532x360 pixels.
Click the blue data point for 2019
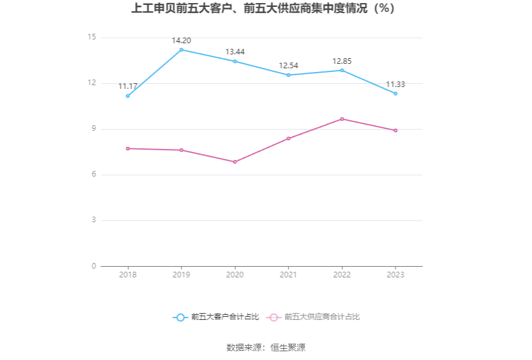pyautogui.click(x=182, y=49)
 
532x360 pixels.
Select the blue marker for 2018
pyautogui.click(x=128, y=96)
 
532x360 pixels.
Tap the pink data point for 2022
pyautogui.click(x=342, y=119)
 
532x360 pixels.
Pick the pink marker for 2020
pyautogui.click(x=235, y=162)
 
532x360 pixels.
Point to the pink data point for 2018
pyautogui.click(x=128, y=148)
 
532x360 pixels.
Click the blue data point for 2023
pyautogui.click(x=396, y=93)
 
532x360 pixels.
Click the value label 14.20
pyautogui.click(x=182, y=41)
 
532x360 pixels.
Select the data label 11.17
pyautogui.click(x=128, y=86)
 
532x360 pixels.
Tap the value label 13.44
pyautogui.click(x=235, y=52)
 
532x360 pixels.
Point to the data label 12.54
pyautogui.click(x=289, y=66)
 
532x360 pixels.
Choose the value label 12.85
pyautogui.click(x=342, y=61)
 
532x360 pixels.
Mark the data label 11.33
pyautogui.click(x=396, y=85)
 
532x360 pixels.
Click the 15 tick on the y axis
pyautogui.click(x=92, y=38)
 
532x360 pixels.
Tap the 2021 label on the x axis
pyautogui.click(x=289, y=275)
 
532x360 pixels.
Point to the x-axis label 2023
pyautogui.click(x=396, y=275)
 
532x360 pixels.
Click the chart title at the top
pyautogui.click(x=263, y=9)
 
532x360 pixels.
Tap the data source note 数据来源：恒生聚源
pyautogui.click(x=265, y=347)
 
